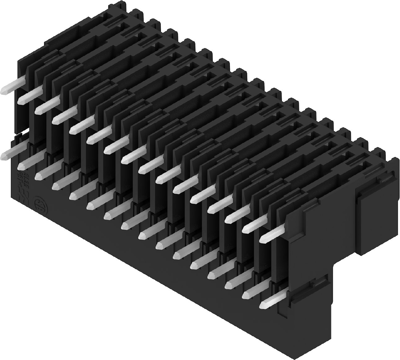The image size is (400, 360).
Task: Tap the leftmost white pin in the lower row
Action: click(17, 152)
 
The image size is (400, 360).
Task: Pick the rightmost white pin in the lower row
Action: click(263, 291)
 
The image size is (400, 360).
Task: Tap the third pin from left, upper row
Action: click(63, 117)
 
